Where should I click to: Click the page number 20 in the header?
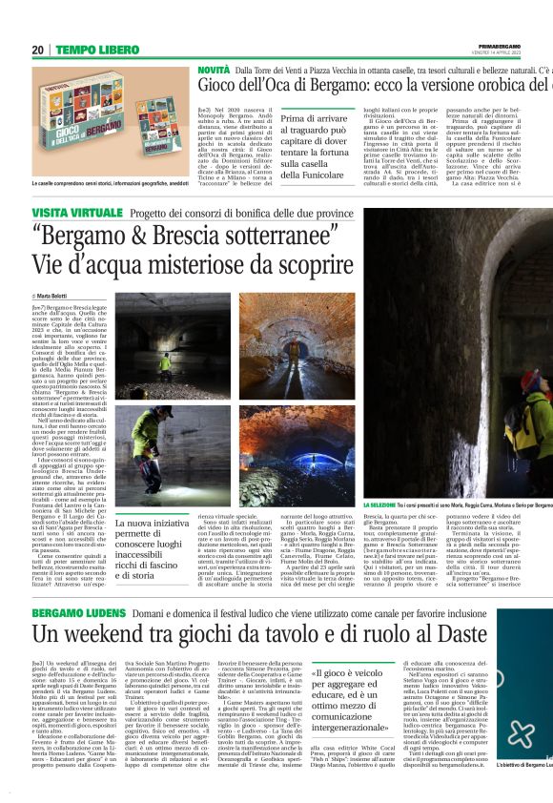37,50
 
